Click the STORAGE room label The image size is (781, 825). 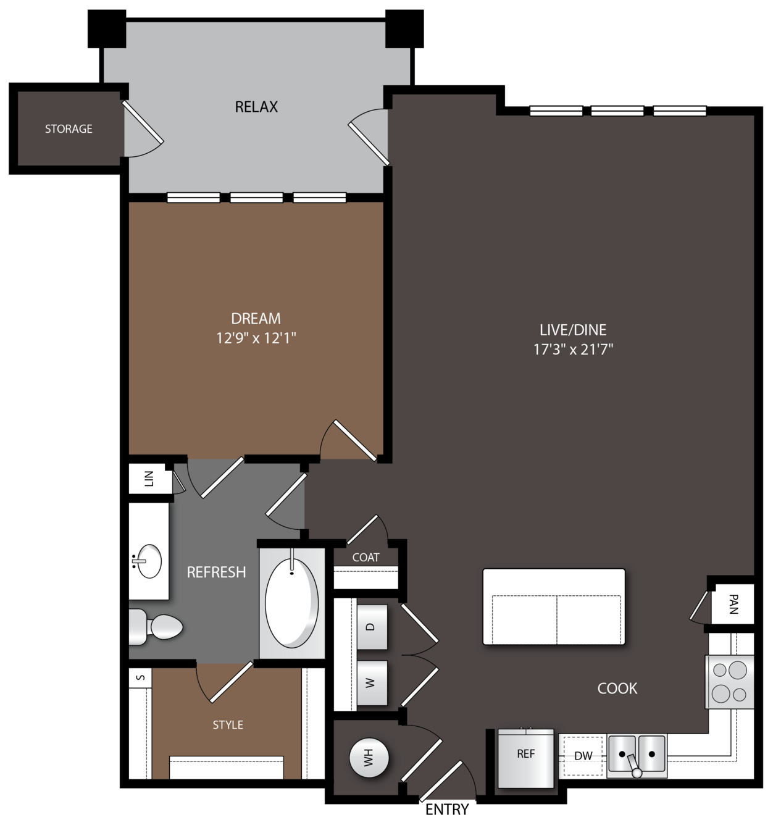pyautogui.click(x=69, y=128)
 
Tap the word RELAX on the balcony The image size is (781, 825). pyautogui.click(x=256, y=107)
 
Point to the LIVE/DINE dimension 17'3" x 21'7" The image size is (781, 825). pyautogui.click(x=573, y=349)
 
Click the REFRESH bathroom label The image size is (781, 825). pyautogui.click(x=216, y=572)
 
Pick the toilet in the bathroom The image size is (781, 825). pyautogui.click(x=156, y=627)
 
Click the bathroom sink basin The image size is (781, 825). pyautogui.click(x=149, y=561)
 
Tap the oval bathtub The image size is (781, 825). pyautogui.click(x=291, y=604)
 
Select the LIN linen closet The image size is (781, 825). pyautogui.click(x=149, y=479)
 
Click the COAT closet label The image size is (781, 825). pyautogui.click(x=365, y=557)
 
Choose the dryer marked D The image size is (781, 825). pyautogui.click(x=372, y=627)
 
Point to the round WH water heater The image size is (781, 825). pyautogui.click(x=369, y=758)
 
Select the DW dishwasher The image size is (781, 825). pyautogui.click(x=583, y=756)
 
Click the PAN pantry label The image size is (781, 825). pyautogui.click(x=733, y=604)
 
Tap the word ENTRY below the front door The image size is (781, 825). pyautogui.click(x=447, y=809)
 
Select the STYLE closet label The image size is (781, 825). pyautogui.click(x=227, y=725)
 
